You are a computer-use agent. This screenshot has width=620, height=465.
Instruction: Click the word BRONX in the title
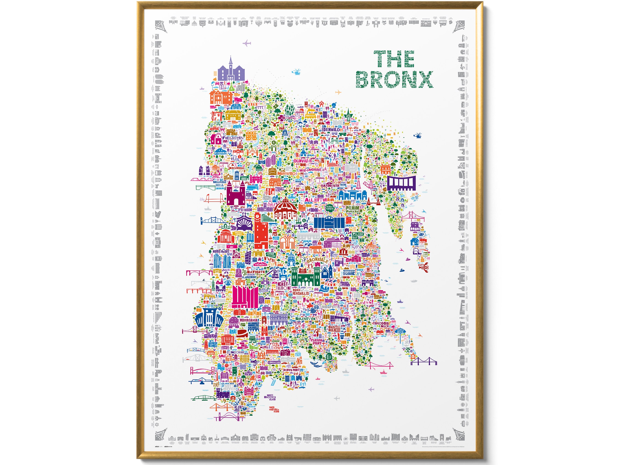pyautogui.click(x=395, y=80)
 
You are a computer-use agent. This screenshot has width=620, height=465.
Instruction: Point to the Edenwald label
pyautogui.click(x=331, y=130)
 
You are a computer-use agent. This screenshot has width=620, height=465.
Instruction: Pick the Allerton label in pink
pyautogui.click(x=316, y=200)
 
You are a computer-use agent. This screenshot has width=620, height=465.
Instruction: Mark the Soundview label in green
pyautogui.click(x=305, y=319)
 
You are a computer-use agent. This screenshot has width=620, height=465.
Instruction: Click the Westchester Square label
pyautogui.click(x=349, y=272)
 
